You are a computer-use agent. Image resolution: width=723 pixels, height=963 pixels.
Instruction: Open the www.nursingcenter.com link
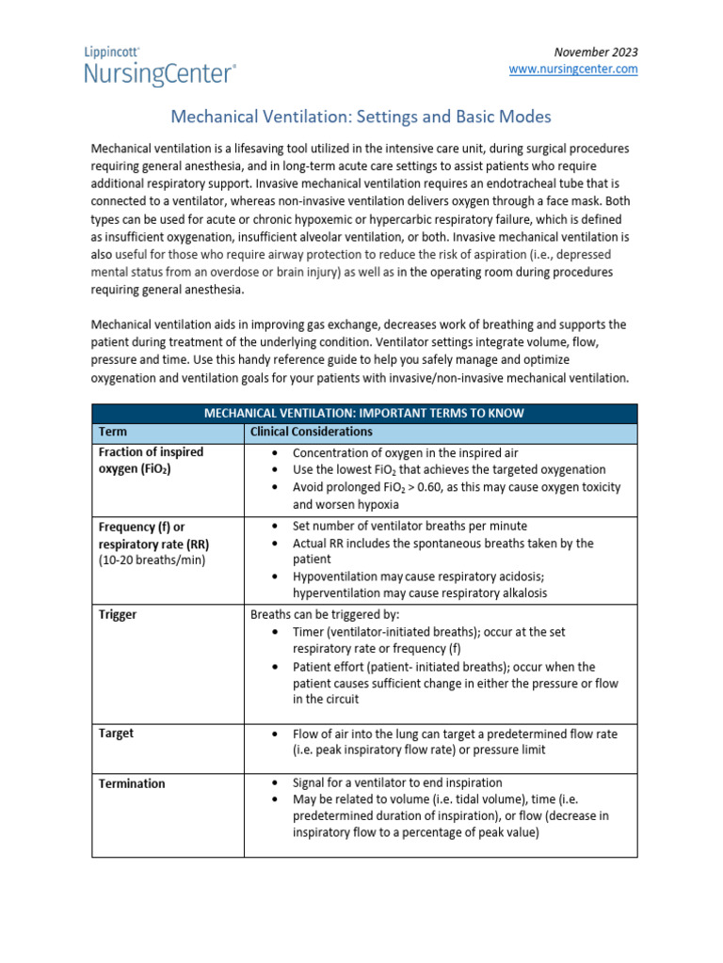pos(572,69)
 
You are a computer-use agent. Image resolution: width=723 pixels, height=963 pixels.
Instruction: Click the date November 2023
pos(596,51)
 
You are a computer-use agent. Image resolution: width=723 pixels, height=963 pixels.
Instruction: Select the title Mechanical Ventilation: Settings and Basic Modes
pos(360,117)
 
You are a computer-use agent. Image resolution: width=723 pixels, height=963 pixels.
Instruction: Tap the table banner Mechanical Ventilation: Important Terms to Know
pos(363,413)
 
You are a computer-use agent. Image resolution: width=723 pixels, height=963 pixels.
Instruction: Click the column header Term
pos(113,432)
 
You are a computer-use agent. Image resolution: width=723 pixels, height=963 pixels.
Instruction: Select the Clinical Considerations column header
pos(311,432)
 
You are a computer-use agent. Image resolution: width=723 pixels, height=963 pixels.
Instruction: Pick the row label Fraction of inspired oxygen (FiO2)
pos(151,461)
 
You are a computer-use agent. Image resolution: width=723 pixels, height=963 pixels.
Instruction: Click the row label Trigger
pos(118,614)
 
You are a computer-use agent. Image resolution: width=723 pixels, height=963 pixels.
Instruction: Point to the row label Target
pos(117,734)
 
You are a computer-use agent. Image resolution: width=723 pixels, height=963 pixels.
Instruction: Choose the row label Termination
pos(132,783)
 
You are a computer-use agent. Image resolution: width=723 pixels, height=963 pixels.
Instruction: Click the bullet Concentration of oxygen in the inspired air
pos(405,452)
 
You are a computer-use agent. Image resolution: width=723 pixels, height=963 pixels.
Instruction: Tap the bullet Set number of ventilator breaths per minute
pos(410,526)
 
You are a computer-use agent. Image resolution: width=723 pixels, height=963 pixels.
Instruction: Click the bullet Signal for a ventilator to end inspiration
pos(397,782)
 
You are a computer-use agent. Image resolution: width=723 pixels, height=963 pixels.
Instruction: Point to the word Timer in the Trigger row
pos(310,632)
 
